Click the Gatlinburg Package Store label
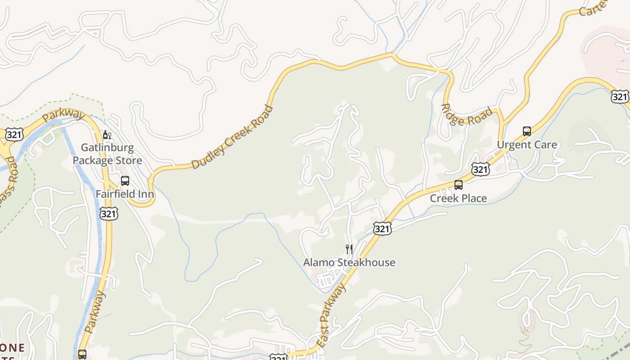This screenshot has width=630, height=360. point(107,154)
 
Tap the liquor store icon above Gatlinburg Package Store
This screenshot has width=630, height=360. point(107,135)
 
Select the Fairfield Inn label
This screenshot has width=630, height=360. point(125,194)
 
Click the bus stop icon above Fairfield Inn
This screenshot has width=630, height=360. point(125,181)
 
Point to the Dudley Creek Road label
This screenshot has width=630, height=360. point(232,137)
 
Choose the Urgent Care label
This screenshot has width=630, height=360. point(526,145)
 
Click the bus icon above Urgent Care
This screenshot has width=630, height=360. point(527,131)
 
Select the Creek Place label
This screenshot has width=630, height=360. point(458,198)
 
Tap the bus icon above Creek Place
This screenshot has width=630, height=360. point(459,184)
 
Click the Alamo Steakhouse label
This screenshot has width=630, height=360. point(349,262)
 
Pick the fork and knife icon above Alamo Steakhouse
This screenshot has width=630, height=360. point(349,249)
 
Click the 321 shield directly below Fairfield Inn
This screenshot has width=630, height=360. point(108,213)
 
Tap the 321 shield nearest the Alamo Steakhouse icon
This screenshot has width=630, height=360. point(382,229)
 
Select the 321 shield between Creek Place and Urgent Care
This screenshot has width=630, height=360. point(481,169)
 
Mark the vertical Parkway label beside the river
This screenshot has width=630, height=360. point(94,312)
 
